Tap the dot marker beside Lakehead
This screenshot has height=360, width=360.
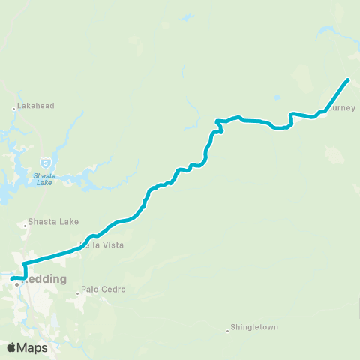pos(14,109)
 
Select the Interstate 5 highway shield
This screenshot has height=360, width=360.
pos(46,162)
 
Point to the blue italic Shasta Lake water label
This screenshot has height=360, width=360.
pos(45,180)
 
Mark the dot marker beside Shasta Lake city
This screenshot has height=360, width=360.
pos(24,223)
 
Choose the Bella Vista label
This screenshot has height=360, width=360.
pos(103,245)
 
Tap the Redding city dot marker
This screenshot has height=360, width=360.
pos(16,284)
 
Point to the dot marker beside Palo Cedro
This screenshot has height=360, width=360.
pos(77,292)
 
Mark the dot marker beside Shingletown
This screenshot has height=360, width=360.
pos(227,330)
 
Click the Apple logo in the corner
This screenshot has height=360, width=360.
pos(12,347)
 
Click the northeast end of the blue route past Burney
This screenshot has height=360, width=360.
pos(348,79)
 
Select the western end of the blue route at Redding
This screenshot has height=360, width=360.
pos(13,278)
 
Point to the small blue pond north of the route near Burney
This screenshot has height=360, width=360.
pos(277,97)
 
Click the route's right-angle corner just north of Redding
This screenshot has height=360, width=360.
pos(25,264)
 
